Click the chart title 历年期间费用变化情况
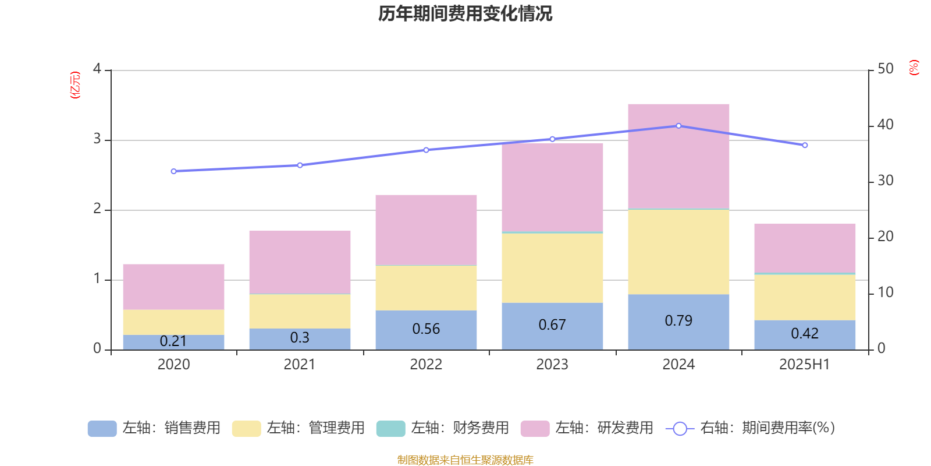point(465,13)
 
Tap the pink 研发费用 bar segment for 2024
point(678,156)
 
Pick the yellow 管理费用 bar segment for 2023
point(552,268)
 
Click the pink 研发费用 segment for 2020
point(173,287)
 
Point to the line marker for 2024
point(678,126)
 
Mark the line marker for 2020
point(173,171)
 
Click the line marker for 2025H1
point(805,145)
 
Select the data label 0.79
point(678,321)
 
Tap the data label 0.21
point(173,341)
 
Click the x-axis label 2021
point(300,365)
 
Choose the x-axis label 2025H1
point(805,365)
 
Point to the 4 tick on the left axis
point(97,69)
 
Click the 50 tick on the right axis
point(885,69)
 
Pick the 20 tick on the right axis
point(885,236)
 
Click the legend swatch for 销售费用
point(102,429)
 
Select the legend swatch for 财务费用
point(390,429)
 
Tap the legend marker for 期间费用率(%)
point(680,429)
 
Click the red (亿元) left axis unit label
point(74,85)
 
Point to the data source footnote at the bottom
point(465,460)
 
